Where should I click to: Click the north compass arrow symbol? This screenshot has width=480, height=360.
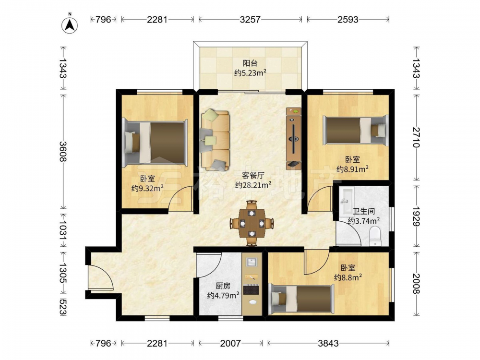[x=70, y=24]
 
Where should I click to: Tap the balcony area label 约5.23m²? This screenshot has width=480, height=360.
[x=250, y=73]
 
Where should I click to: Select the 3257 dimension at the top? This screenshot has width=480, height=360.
[x=250, y=19]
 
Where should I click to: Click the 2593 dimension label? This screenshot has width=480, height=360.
[x=348, y=19]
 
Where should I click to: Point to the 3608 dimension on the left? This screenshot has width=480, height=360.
[x=63, y=151]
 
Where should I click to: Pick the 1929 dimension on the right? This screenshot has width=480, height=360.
[x=416, y=216]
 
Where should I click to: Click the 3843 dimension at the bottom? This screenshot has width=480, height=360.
[x=328, y=343]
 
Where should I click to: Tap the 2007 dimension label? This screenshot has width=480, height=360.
[x=230, y=343]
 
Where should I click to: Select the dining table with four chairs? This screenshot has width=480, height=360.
[x=252, y=223]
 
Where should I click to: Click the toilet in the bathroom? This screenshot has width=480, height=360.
[x=375, y=236]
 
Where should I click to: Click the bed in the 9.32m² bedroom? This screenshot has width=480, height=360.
[x=155, y=143]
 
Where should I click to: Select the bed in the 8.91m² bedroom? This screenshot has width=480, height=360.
[x=356, y=131]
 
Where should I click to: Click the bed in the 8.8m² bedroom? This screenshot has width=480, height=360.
[x=301, y=299]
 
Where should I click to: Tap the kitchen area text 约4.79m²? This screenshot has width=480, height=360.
[x=223, y=295]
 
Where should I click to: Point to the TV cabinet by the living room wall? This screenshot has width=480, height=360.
[x=294, y=138]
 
